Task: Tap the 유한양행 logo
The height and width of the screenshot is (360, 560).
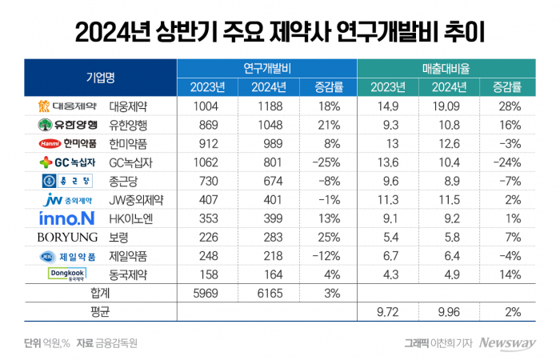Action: point(67,124)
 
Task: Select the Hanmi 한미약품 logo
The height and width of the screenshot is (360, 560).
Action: point(67,143)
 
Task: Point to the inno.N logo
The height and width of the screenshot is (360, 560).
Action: point(66,218)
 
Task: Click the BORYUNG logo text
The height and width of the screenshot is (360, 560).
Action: point(67,237)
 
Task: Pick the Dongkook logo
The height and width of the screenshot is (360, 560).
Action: point(67,274)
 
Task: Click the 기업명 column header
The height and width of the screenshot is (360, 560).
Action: point(101,77)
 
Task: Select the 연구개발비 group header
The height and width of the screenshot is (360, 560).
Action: point(267,68)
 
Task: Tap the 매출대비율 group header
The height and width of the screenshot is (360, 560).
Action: point(445,68)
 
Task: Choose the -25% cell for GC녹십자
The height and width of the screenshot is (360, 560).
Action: point(323,162)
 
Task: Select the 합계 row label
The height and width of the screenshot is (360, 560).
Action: point(101,293)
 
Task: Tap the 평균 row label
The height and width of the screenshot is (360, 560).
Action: point(101,311)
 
